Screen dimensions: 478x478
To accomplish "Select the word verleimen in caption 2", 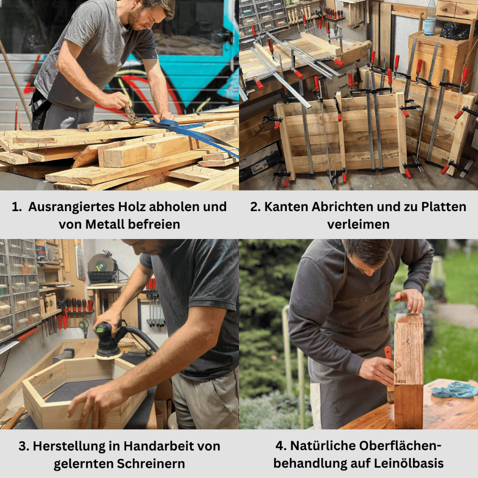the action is (358, 224).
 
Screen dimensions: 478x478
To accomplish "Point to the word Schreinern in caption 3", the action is (151, 464).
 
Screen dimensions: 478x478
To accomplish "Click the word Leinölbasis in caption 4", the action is (409, 463).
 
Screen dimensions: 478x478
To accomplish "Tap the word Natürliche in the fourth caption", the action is (322, 446).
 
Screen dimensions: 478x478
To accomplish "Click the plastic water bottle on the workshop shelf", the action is (430, 17).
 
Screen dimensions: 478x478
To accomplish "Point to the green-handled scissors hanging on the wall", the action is (84, 327).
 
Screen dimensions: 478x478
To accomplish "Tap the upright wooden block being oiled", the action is (409, 371).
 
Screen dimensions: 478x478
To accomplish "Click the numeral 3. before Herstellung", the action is (23, 446).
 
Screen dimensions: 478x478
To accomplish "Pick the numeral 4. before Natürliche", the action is (281, 446).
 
